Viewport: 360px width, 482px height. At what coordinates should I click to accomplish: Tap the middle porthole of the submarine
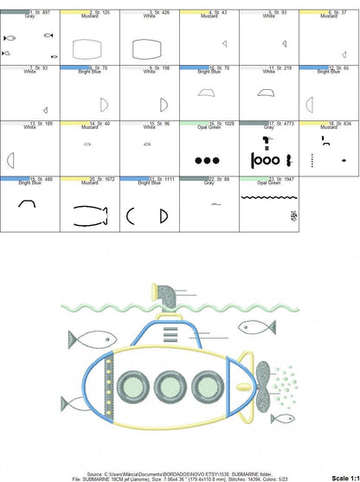(171, 386)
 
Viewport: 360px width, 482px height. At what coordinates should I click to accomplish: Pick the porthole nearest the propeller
(208, 386)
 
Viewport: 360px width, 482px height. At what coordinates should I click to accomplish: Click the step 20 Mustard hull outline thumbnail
(89, 209)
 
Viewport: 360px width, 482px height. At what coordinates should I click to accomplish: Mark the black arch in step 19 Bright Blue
(29, 204)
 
